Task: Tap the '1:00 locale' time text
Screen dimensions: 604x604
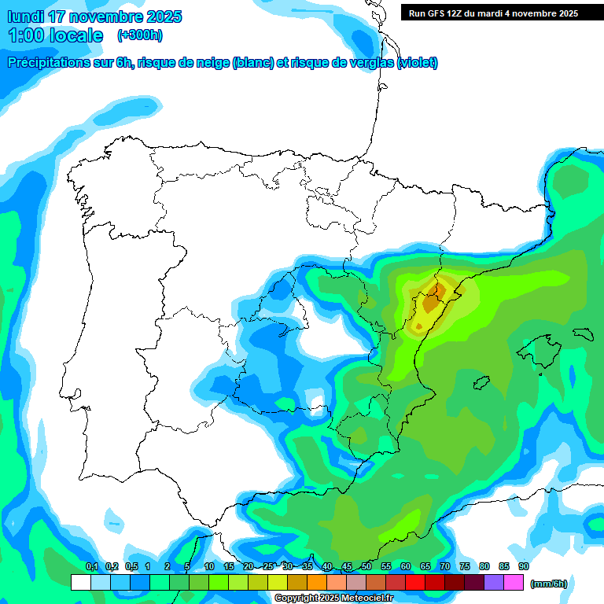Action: pyautogui.click(x=56, y=35)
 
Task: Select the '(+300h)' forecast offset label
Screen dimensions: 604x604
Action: pyautogui.click(x=140, y=35)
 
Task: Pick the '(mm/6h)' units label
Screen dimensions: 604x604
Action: pyautogui.click(x=549, y=584)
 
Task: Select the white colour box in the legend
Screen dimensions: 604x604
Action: pyautogui.click(x=80, y=583)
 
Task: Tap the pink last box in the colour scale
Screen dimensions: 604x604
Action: pyautogui.click(x=514, y=583)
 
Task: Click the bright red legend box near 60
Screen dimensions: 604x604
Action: pyautogui.click(x=415, y=583)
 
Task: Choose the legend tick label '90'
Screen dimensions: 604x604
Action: pyautogui.click(x=524, y=566)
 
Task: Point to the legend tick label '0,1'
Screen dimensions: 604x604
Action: pyautogui.click(x=91, y=566)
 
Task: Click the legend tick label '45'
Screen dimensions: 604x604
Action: pyautogui.click(x=347, y=566)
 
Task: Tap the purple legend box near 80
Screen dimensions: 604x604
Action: pyautogui.click(x=495, y=583)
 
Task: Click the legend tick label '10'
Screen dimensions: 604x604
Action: pyautogui.click(x=209, y=566)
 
